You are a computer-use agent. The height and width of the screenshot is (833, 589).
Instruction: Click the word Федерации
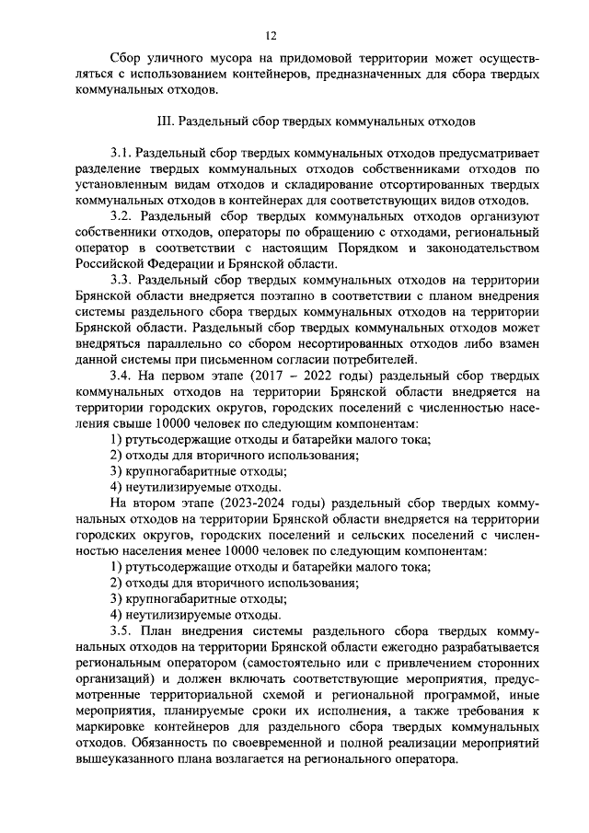coord(175,264)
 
